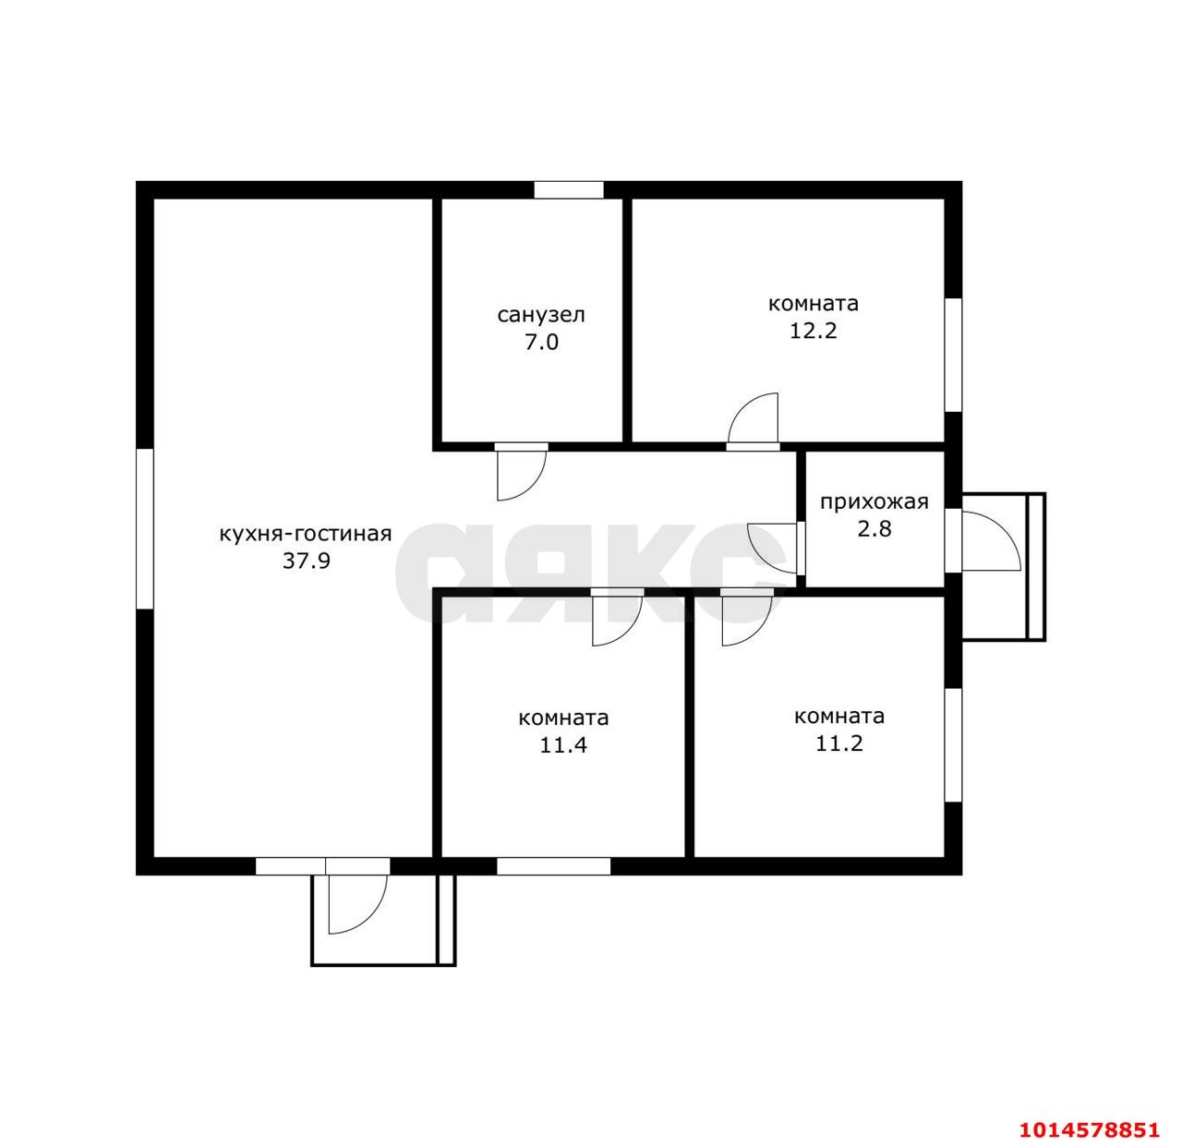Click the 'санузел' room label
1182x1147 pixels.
tap(540, 315)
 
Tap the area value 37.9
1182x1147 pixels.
tap(307, 561)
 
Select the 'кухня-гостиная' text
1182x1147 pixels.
tap(305, 535)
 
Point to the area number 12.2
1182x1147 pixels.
tap(813, 331)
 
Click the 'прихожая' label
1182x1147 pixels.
tap(874, 503)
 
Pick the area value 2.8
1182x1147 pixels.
tap(874, 529)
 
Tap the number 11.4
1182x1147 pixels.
tap(563, 745)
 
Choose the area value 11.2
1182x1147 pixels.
tap(838, 743)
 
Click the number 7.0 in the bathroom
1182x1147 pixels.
tap(541, 343)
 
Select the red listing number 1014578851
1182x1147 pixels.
tap(1089, 1129)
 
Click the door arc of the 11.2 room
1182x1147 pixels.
tap(758, 632)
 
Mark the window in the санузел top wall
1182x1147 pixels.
tap(569, 189)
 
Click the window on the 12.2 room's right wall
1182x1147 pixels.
tap(953, 355)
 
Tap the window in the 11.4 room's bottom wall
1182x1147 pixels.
tap(553, 865)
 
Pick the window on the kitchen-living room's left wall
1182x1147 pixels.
tap(145, 528)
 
